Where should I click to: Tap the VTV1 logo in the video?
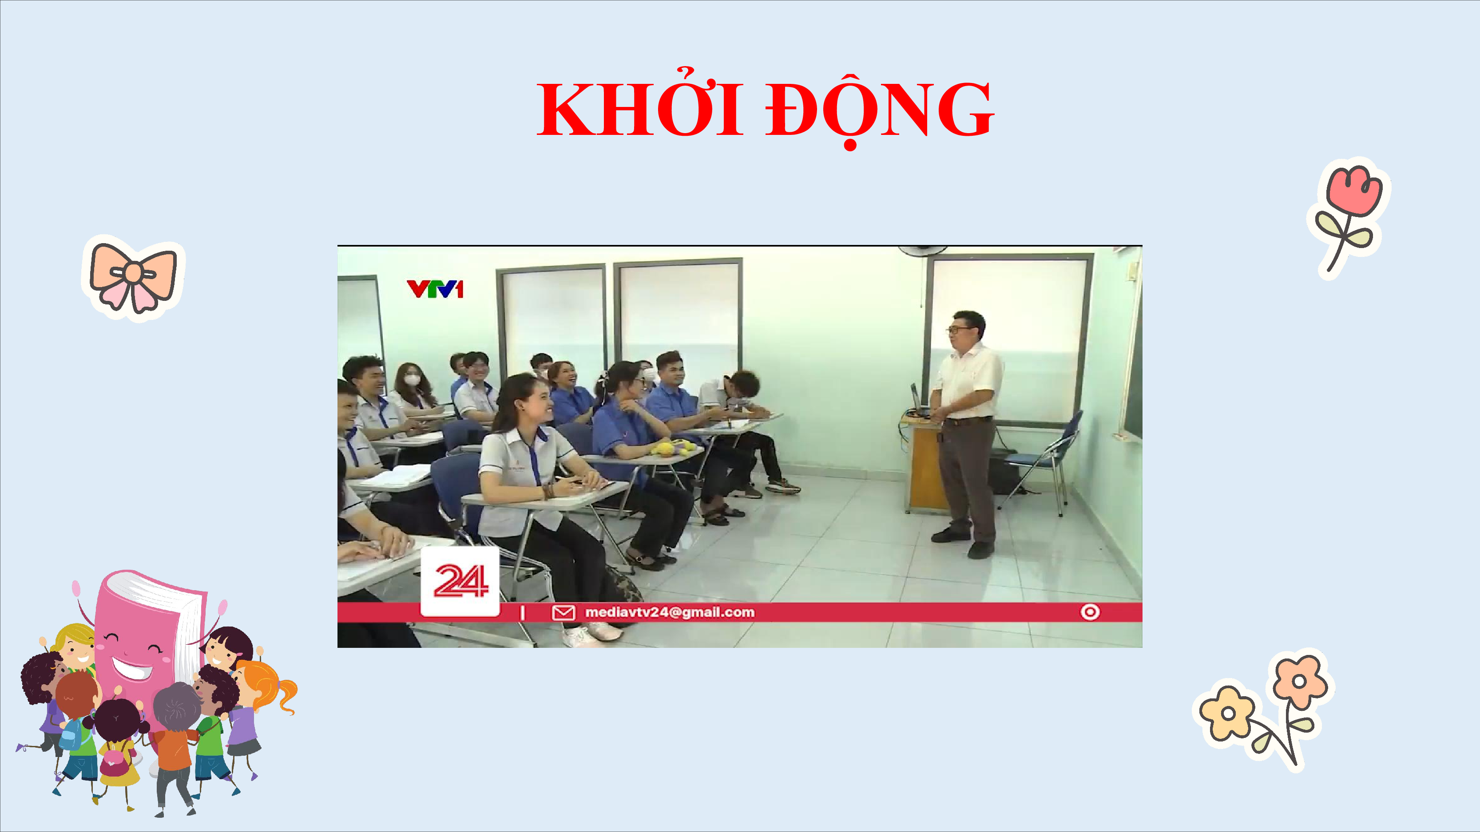point(435,289)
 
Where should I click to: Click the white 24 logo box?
point(460,581)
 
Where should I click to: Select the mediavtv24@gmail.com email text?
point(669,612)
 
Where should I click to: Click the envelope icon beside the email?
point(563,613)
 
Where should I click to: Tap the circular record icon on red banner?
point(1090,612)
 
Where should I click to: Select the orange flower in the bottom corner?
point(1300,682)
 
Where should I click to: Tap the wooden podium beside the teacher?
point(925,465)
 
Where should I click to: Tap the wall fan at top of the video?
point(923,250)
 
